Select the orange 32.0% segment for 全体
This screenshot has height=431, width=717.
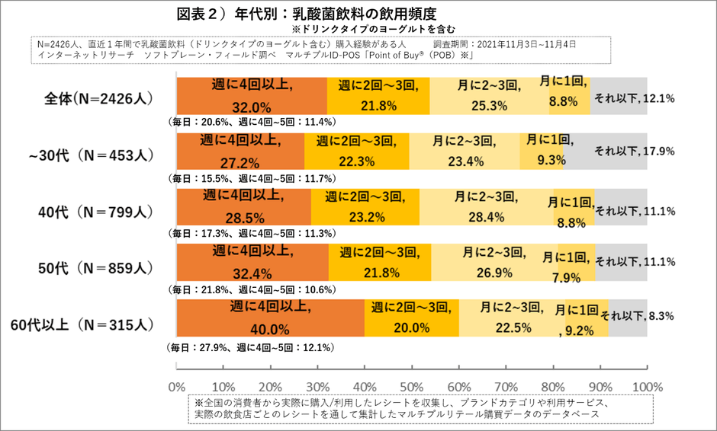(252, 96)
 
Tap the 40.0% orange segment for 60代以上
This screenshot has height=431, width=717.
(270, 318)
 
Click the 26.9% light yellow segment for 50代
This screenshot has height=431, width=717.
(494, 263)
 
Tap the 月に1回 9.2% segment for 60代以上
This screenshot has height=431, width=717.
(576, 318)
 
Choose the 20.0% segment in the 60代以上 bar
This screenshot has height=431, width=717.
(412, 318)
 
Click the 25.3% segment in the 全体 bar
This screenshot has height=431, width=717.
(489, 96)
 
